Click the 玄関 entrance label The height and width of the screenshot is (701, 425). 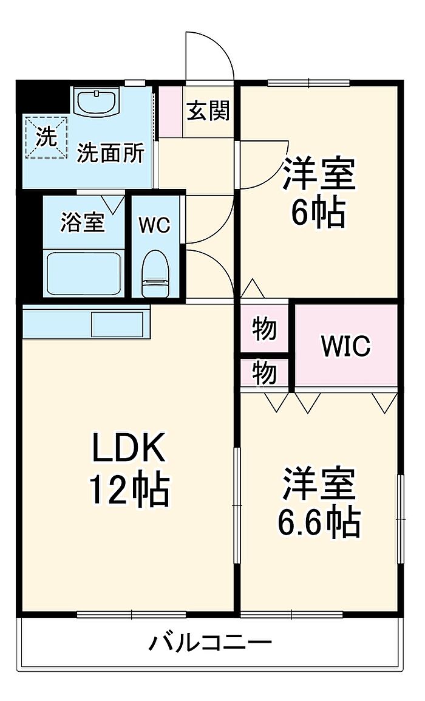(208, 111)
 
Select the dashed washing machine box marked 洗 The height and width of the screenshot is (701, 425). (46, 137)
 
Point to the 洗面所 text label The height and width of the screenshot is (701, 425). (110, 154)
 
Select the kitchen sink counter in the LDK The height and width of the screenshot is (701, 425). (86, 322)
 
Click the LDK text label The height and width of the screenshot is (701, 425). (128, 449)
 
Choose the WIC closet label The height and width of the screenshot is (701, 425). (345, 347)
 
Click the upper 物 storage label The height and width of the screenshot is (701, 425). (265, 330)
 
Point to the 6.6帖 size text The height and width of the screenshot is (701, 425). (319, 521)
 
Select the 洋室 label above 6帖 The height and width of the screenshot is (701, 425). (318, 174)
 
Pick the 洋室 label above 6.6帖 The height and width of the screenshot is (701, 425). (318, 482)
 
